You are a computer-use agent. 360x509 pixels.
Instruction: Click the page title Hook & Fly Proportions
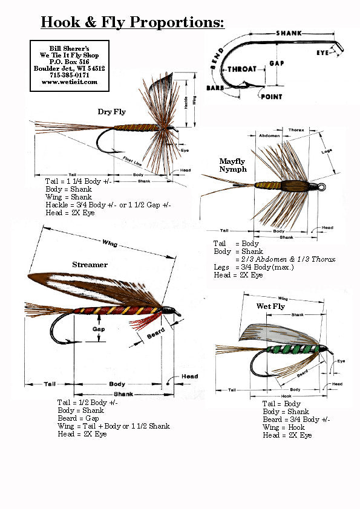click(132, 22)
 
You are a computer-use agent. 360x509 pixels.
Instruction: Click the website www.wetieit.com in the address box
click(70, 82)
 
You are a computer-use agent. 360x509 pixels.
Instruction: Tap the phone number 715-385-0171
click(70, 75)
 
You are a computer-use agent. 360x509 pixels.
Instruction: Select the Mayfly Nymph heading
click(233, 165)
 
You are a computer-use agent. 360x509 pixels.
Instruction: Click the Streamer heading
click(90, 264)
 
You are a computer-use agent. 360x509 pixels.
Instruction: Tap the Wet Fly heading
click(270, 306)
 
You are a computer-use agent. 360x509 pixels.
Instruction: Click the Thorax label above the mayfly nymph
click(296, 129)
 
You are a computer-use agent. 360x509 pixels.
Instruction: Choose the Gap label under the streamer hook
click(99, 329)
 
